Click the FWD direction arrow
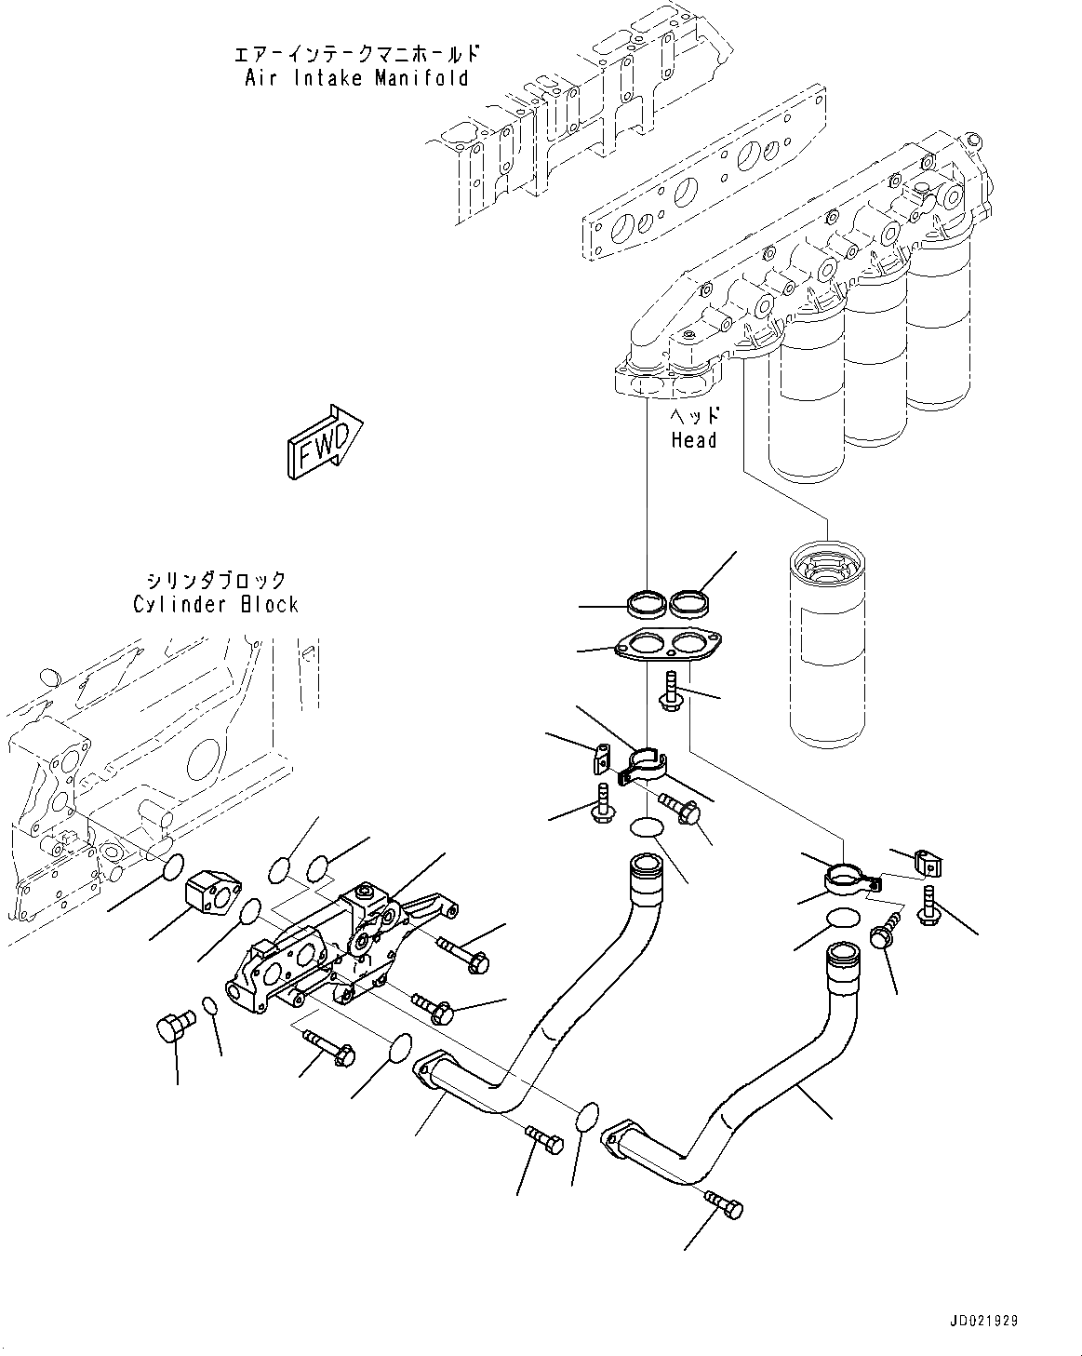point(324,441)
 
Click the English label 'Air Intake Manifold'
point(356,78)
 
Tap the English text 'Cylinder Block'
point(216,604)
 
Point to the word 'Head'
point(694,439)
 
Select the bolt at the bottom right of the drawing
point(724,1204)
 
